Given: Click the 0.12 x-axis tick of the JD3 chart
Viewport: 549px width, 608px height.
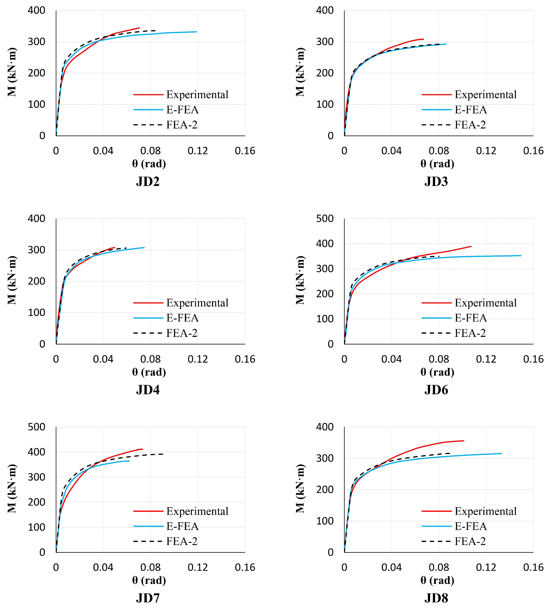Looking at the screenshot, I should click(x=486, y=151).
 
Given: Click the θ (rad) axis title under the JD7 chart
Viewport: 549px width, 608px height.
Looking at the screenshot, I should click(x=149, y=580).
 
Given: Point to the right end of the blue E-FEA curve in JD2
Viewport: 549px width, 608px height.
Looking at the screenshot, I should click(x=196, y=32).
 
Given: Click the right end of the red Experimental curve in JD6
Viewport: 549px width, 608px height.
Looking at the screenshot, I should click(x=471, y=246).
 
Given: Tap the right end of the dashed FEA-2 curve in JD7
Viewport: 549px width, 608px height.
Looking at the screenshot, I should click(x=163, y=454).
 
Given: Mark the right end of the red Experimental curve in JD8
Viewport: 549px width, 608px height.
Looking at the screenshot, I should click(x=464, y=441).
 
